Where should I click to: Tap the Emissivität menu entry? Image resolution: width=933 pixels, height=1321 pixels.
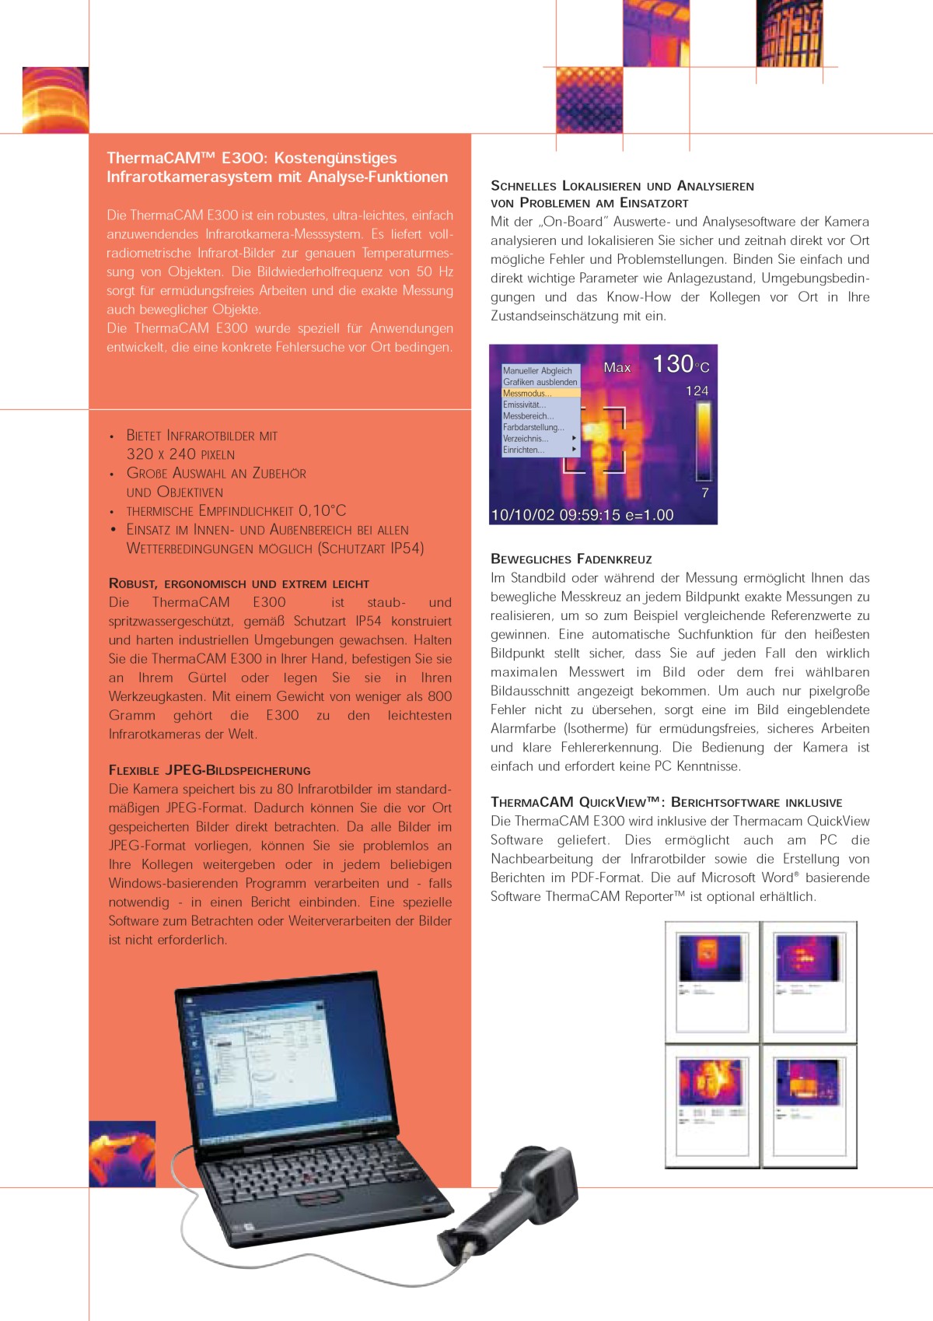[525, 405]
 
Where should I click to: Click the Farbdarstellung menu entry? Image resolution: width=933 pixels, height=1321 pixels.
[533, 427]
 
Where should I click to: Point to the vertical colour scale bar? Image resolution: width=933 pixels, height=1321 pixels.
[704, 442]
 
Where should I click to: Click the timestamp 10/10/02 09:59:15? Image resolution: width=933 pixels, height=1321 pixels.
[555, 515]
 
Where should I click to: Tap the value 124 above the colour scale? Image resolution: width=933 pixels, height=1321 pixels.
[697, 391]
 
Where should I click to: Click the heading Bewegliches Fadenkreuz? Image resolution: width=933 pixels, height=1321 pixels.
[571, 559]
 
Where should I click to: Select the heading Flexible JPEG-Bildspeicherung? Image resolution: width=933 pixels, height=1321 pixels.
[209, 770]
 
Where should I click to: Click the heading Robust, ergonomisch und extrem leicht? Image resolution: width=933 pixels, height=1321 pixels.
[239, 583]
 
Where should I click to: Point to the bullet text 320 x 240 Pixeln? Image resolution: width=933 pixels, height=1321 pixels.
[180, 454]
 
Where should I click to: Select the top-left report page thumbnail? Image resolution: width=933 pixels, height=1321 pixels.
[711, 978]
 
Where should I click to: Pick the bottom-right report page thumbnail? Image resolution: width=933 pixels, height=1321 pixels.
[809, 1106]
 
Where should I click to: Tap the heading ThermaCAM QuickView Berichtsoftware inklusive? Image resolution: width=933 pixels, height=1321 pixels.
[666, 802]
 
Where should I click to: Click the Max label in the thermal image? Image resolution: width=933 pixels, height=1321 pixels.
[617, 367]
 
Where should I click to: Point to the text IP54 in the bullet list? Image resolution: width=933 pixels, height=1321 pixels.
[407, 548]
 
